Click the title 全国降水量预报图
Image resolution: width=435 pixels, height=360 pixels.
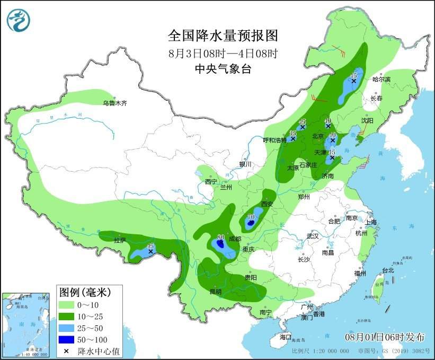click(x=223, y=36)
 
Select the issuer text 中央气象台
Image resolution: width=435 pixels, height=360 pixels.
click(x=223, y=68)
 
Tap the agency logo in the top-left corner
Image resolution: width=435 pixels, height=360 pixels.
click(x=19, y=20)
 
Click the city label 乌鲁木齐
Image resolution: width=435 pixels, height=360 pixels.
click(x=115, y=103)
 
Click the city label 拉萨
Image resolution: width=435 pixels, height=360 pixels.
click(x=120, y=240)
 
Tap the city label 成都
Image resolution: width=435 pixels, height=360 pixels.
click(x=235, y=239)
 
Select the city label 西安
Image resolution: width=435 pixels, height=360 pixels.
click(x=268, y=204)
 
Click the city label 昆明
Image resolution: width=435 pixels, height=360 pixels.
click(x=215, y=291)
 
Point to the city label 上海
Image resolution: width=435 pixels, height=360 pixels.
click(x=370, y=222)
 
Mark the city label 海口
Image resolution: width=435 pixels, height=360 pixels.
click(x=286, y=337)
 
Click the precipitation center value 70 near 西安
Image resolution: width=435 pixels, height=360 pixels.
click(x=251, y=217)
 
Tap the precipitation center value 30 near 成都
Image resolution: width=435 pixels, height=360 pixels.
click(x=221, y=237)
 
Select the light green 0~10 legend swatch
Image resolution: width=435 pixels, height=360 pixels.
click(x=66, y=305)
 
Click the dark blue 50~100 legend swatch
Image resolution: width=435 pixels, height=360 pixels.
click(x=66, y=339)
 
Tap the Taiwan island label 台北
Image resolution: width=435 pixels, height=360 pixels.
click(x=388, y=270)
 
